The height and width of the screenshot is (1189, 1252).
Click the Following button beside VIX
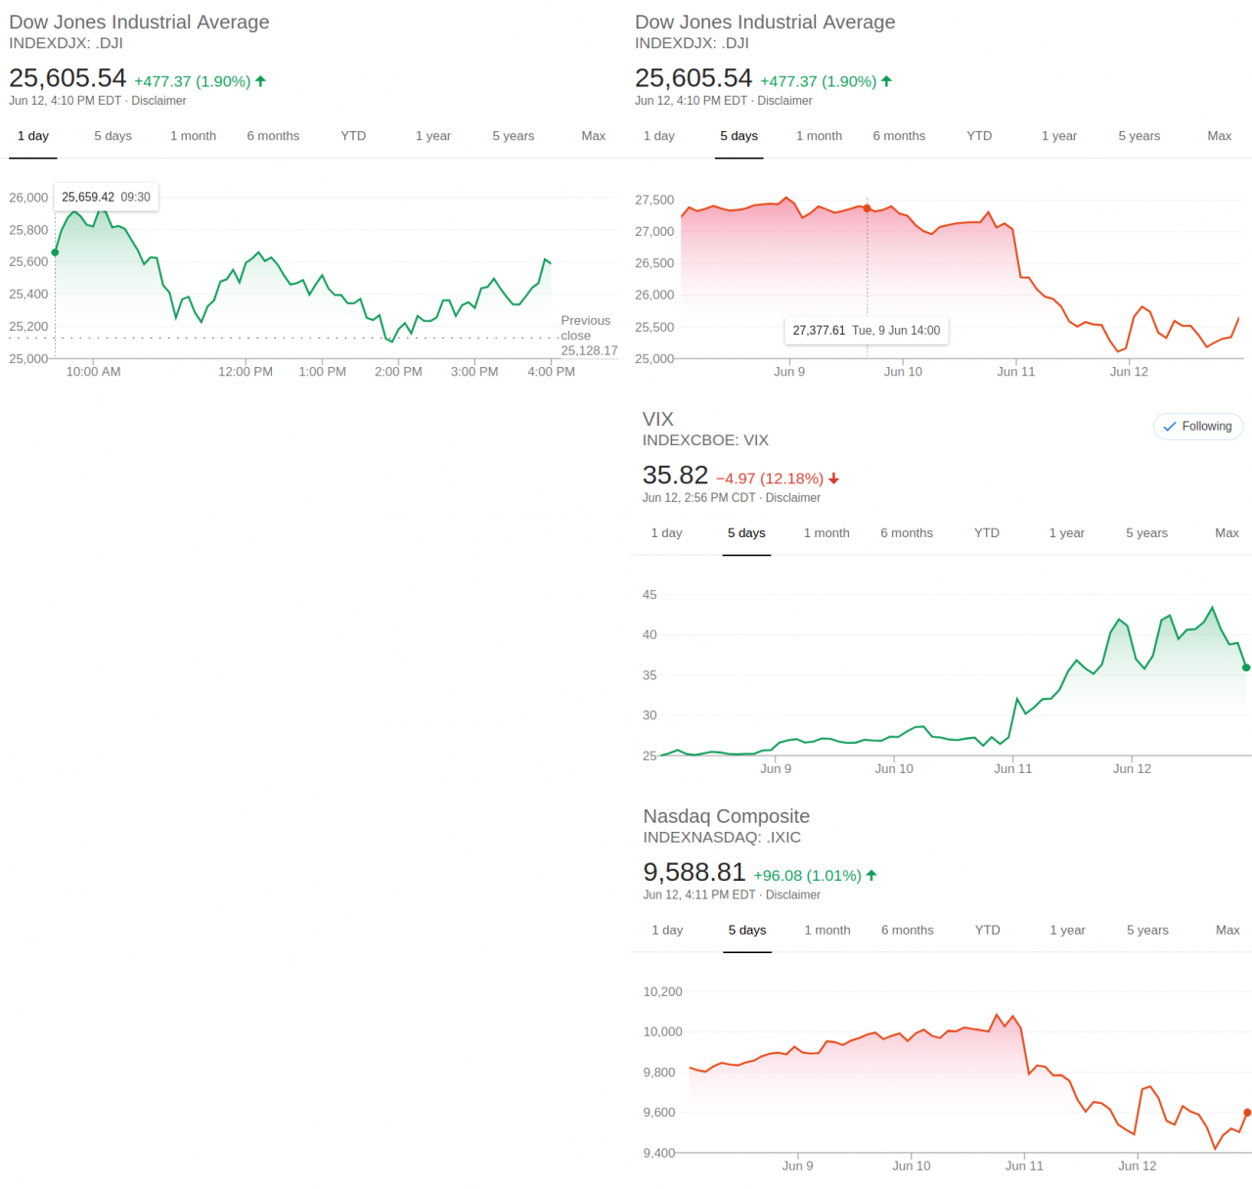coord(1198,427)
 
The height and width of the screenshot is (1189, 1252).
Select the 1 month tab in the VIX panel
coord(826,533)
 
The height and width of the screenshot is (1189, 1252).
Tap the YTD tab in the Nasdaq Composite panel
coord(987,931)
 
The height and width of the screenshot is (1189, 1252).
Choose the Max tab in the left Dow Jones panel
coord(593,136)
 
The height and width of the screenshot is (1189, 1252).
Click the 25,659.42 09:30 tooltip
coord(106,198)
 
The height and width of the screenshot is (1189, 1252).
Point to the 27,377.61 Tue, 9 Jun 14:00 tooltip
coord(866,331)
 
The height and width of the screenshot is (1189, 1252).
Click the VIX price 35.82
coord(675,476)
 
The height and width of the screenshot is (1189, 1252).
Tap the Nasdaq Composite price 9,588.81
coord(693,873)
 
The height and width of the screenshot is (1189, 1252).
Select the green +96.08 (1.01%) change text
coord(807,876)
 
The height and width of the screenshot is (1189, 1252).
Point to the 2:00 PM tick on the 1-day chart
coord(398,372)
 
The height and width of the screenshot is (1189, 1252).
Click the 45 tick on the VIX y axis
coord(649,595)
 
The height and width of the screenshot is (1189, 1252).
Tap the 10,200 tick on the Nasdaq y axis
coord(662,992)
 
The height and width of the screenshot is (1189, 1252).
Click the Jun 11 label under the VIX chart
coord(1012,769)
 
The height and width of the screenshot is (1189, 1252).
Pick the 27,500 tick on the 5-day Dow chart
coord(654,201)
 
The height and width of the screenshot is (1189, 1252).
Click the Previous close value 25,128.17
coord(589,351)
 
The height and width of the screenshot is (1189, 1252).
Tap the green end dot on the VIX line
coord(1246,667)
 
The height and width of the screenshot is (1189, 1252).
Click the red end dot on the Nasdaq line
coord(1247,1113)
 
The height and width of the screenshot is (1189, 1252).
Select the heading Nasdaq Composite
coord(726,816)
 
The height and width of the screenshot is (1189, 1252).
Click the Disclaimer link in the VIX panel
coord(792,498)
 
